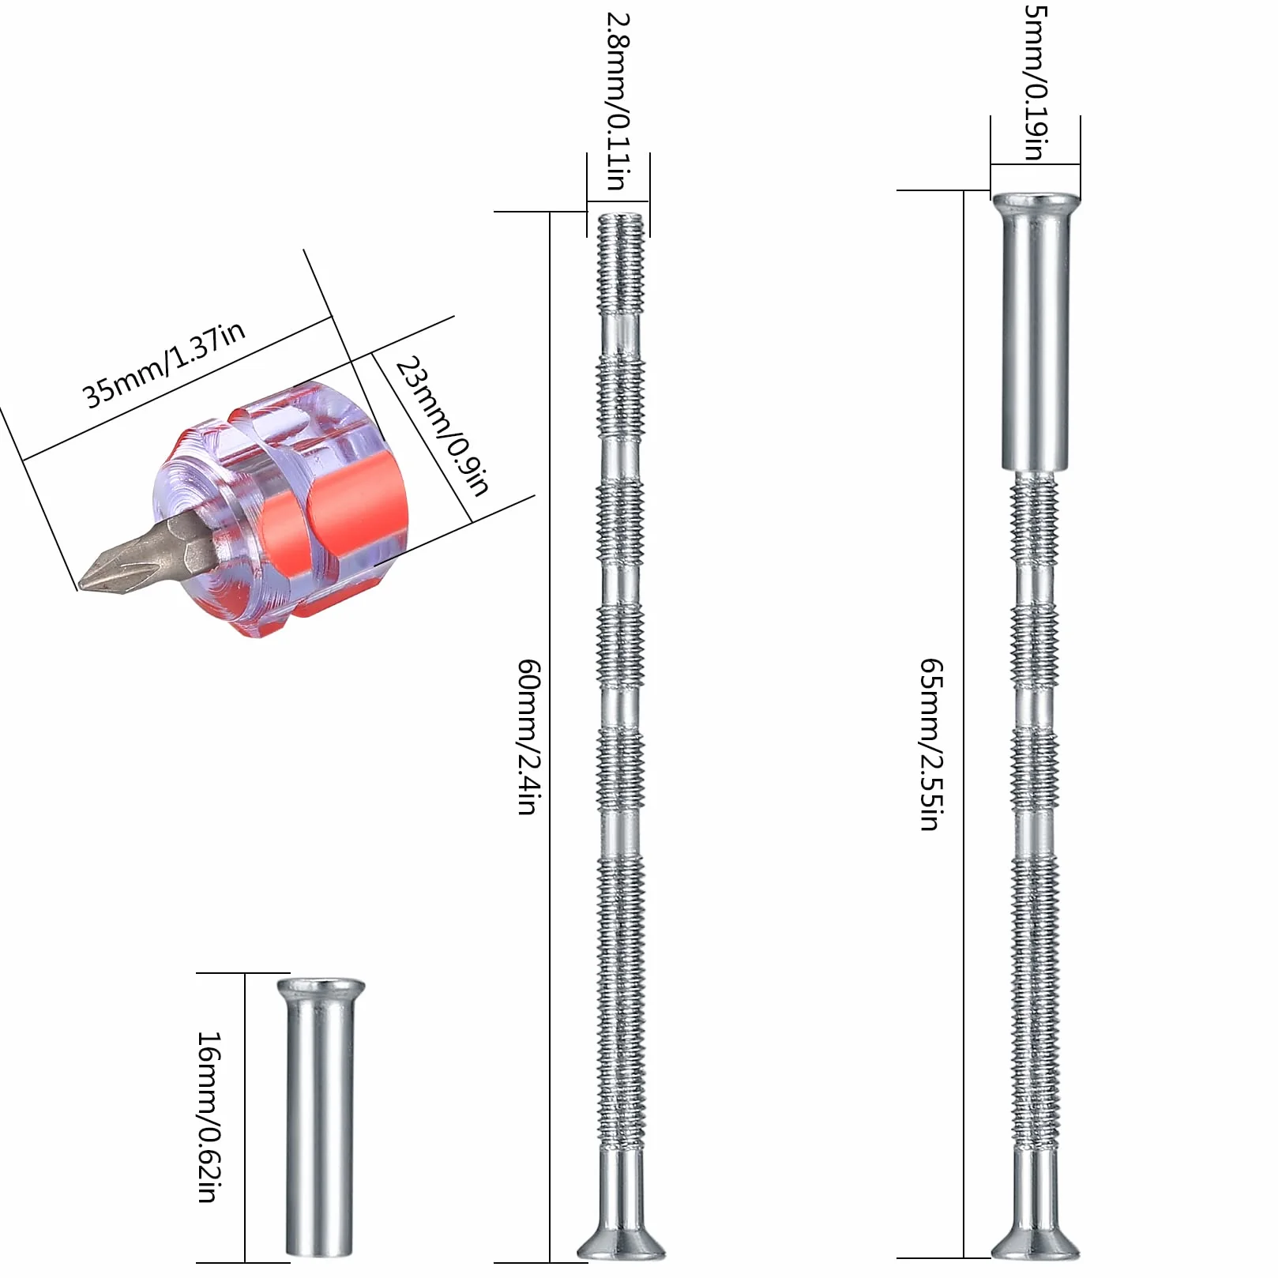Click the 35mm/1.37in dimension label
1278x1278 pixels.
[165, 364]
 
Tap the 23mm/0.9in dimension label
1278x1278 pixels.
[443, 425]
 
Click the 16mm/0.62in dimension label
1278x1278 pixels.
[208, 1116]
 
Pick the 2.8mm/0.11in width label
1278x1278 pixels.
[618, 100]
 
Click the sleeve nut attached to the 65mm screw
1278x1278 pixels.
[1035, 331]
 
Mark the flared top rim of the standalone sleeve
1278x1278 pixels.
[321, 987]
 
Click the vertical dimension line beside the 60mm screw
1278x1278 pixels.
[550, 736]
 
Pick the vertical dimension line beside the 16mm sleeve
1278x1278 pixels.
[245, 1117]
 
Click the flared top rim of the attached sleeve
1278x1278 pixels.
[1035, 201]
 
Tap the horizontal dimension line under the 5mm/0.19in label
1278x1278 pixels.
[1036, 164]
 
